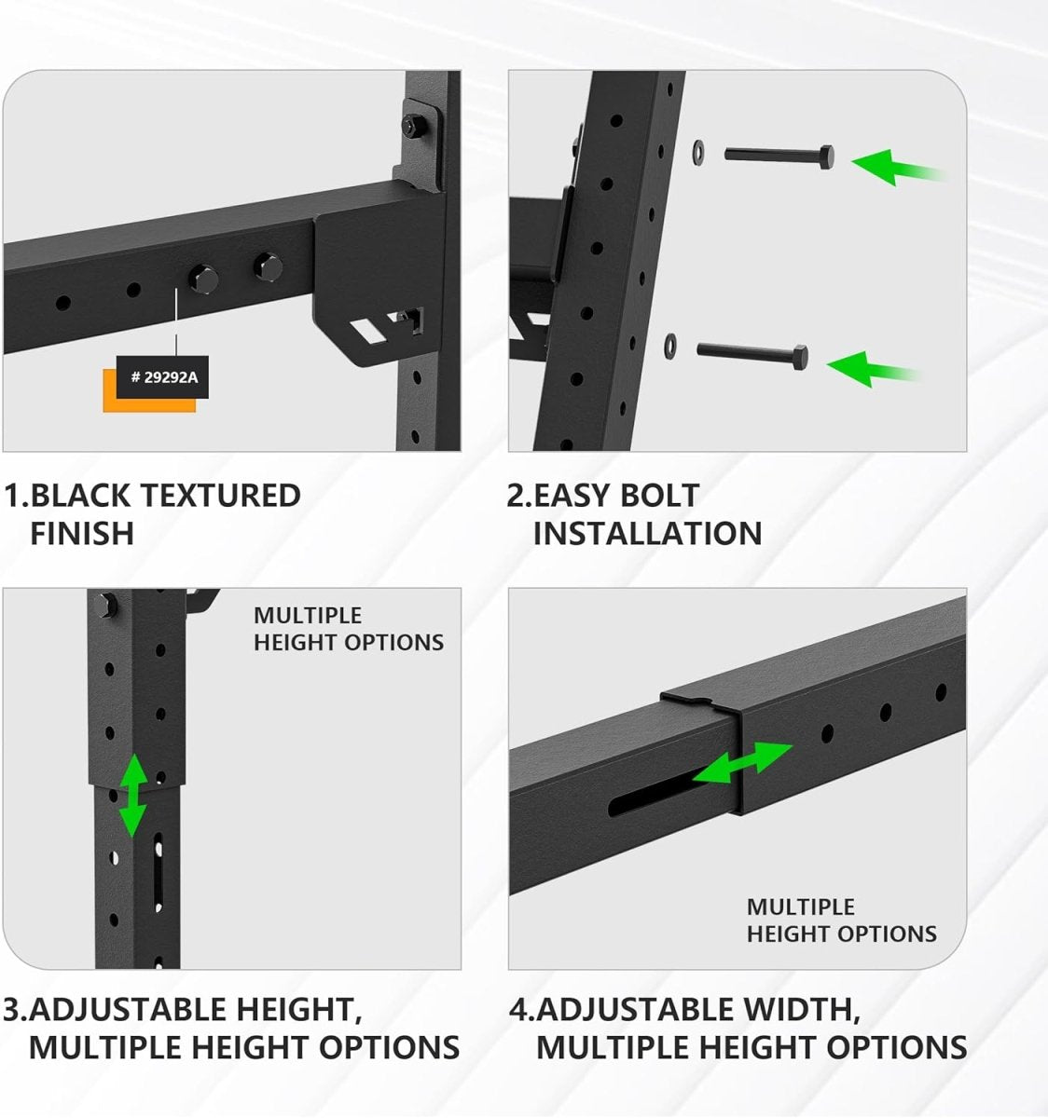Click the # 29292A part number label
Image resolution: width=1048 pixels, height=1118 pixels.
pyautogui.click(x=162, y=377)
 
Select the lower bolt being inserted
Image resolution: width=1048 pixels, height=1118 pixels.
pyautogui.click(x=752, y=353)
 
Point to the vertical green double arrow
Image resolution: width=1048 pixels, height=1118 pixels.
pyautogui.click(x=134, y=795)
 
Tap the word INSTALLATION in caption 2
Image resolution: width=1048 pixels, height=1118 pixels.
pyautogui.click(x=647, y=534)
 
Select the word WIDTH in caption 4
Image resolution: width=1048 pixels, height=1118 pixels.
pyautogui.click(x=798, y=1009)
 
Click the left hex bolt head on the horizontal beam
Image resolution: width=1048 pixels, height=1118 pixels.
pyautogui.click(x=202, y=276)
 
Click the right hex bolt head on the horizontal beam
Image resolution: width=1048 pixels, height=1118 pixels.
pyautogui.click(x=267, y=268)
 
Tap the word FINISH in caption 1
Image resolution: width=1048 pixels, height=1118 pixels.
pyautogui.click(x=82, y=534)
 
